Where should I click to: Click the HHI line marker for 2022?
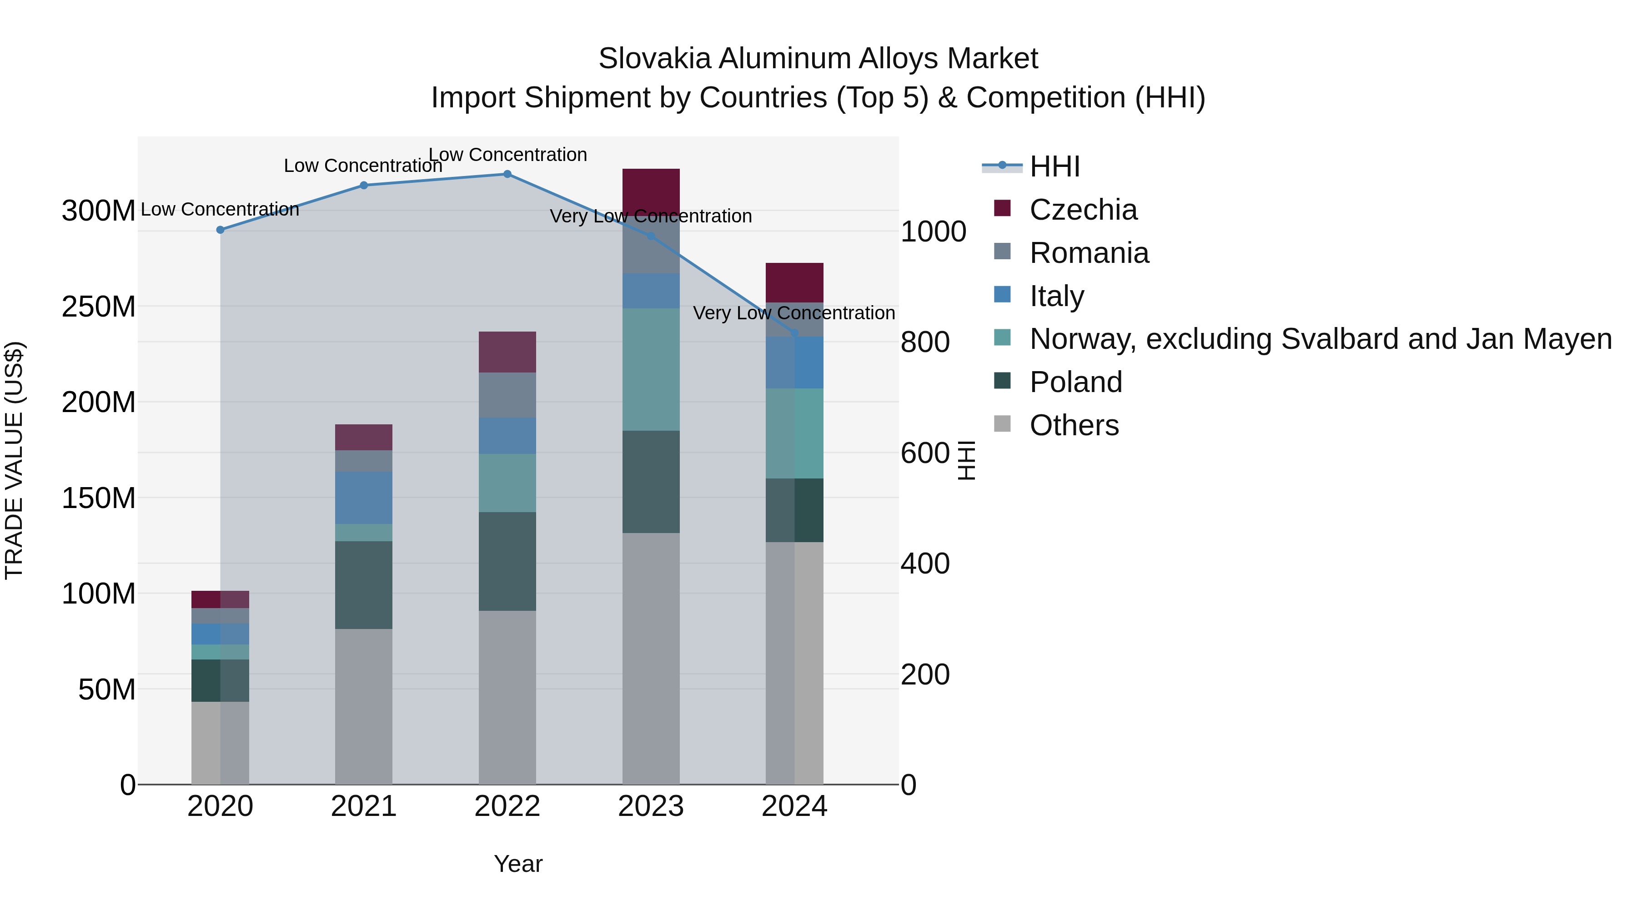[x=507, y=174]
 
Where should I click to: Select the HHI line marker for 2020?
[x=221, y=230]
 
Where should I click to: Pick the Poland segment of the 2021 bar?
[x=363, y=585]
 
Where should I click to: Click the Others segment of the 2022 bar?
[x=507, y=697]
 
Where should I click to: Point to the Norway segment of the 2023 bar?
[x=651, y=369]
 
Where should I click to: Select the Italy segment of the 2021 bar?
[x=363, y=498]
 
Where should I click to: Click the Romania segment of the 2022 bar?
[x=507, y=395]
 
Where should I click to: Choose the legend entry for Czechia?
[x=1083, y=210]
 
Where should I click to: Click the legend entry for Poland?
[x=1075, y=382]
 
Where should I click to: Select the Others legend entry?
[x=1074, y=425]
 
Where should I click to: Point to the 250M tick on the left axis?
[x=99, y=307]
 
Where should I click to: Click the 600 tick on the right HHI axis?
[x=924, y=453]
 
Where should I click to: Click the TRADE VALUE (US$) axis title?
[x=14, y=460]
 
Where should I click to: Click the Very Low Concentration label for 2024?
[x=793, y=313]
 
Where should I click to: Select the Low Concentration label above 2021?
[x=363, y=166]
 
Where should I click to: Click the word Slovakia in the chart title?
[x=654, y=59]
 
